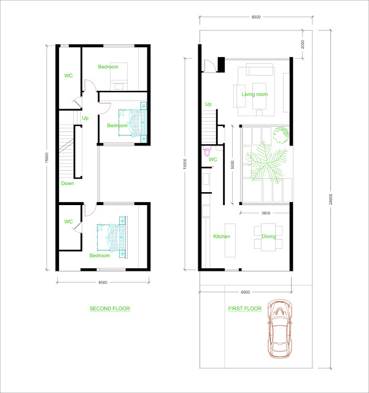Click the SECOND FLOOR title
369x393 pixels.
click(x=110, y=308)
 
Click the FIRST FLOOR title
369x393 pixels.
click(x=244, y=308)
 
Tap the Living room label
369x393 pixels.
click(x=255, y=94)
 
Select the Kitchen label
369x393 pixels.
click(x=222, y=236)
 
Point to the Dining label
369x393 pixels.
click(x=269, y=236)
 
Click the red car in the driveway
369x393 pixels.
click(x=279, y=329)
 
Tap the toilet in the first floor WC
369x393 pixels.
click(x=207, y=152)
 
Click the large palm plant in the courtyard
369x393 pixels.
click(x=266, y=162)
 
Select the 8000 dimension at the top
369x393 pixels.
click(x=256, y=17)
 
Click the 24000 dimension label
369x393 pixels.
click(x=331, y=199)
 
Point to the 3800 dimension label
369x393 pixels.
click(x=266, y=213)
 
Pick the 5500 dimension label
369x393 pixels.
click(x=232, y=165)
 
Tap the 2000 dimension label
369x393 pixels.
click(x=303, y=44)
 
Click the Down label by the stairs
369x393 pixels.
click(x=68, y=183)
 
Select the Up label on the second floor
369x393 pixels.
click(x=85, y=118)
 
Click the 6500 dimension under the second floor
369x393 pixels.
click(x=103, y=282)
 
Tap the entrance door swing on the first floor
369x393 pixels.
click(x=210, y=66)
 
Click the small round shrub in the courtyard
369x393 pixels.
click(x=281, y=135)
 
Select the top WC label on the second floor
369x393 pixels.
click(x=68, y=76)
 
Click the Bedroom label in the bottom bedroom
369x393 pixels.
click(x=99, y=255)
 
